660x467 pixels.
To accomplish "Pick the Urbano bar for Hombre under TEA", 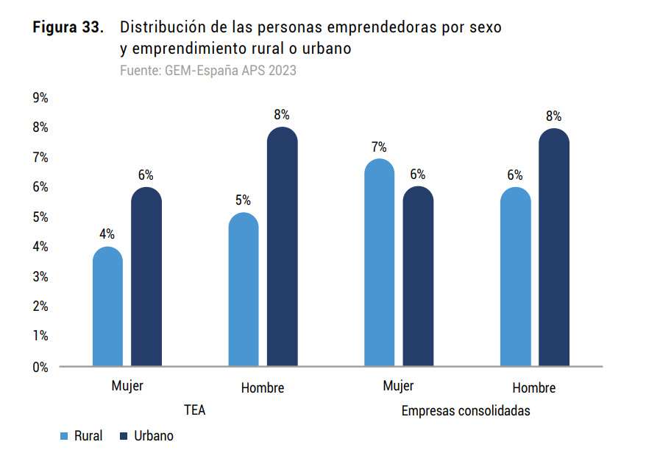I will pos(282,247).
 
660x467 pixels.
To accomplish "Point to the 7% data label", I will pos(379,147).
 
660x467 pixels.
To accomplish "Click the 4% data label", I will pos(107,234).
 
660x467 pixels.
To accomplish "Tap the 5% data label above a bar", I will pos(243,200).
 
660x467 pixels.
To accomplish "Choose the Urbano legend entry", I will pos(146,435).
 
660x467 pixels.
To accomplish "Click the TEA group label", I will pos(194,410).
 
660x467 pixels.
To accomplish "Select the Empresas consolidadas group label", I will pos(466,410).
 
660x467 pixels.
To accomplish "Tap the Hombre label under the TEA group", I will pos(262,387).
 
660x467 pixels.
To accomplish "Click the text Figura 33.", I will pos(68,28).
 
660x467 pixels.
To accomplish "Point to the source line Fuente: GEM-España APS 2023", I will pos(208,71).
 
